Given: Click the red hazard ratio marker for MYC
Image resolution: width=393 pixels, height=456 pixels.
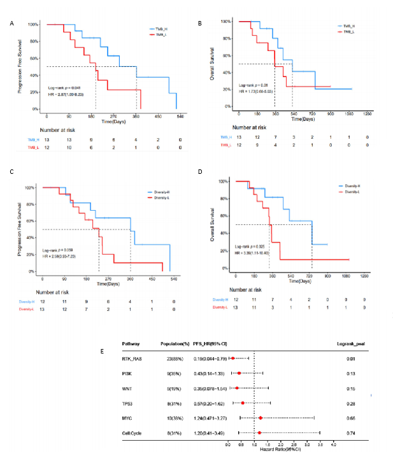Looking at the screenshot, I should [261, 418].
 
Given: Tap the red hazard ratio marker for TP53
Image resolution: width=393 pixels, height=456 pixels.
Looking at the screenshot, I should [243, 403].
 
